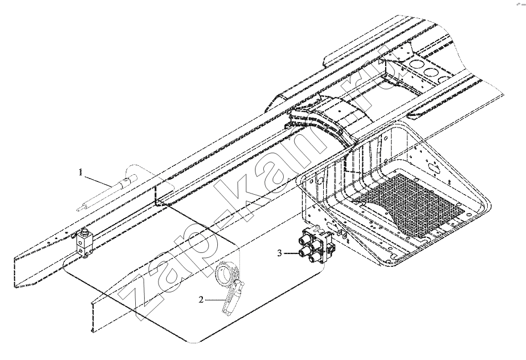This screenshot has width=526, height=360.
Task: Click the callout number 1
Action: [x=80, y=173]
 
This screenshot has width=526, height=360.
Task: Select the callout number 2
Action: [x=201, y=300]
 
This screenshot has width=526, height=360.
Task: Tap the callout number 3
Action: [x=279, y=253]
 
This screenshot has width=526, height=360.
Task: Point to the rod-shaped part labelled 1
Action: [x=108, y=193]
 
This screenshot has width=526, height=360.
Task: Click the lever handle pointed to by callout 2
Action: [x=233, y=298]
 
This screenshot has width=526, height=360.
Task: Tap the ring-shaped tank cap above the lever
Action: [x=226, y=274]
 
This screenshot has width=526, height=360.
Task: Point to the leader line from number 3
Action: [x=291, y=253]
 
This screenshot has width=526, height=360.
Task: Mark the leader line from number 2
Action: [x=215, y=299]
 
